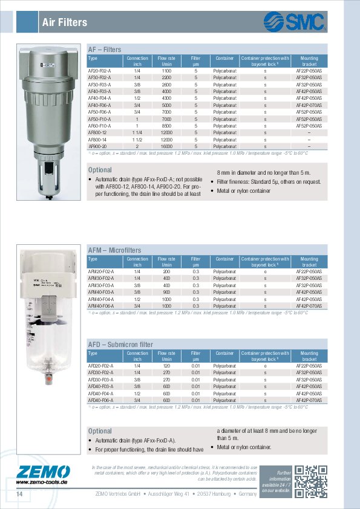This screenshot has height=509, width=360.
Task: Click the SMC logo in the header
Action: point(295,22)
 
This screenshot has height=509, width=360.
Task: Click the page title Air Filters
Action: point(65,23)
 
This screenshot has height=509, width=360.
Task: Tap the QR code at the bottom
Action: point(314,481)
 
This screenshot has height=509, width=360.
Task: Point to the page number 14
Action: point(19,495)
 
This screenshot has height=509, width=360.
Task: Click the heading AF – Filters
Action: point(105,50)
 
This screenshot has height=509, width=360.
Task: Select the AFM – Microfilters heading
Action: point(114,250)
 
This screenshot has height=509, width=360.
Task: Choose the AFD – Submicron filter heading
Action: point(120,345)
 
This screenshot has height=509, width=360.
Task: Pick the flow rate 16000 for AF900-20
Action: point(167,146)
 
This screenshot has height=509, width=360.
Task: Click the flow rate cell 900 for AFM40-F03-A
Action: point(167,292)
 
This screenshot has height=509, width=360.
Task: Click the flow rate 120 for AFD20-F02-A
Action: point(167,366)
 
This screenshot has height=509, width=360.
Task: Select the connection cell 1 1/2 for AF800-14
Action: point(137,139)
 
